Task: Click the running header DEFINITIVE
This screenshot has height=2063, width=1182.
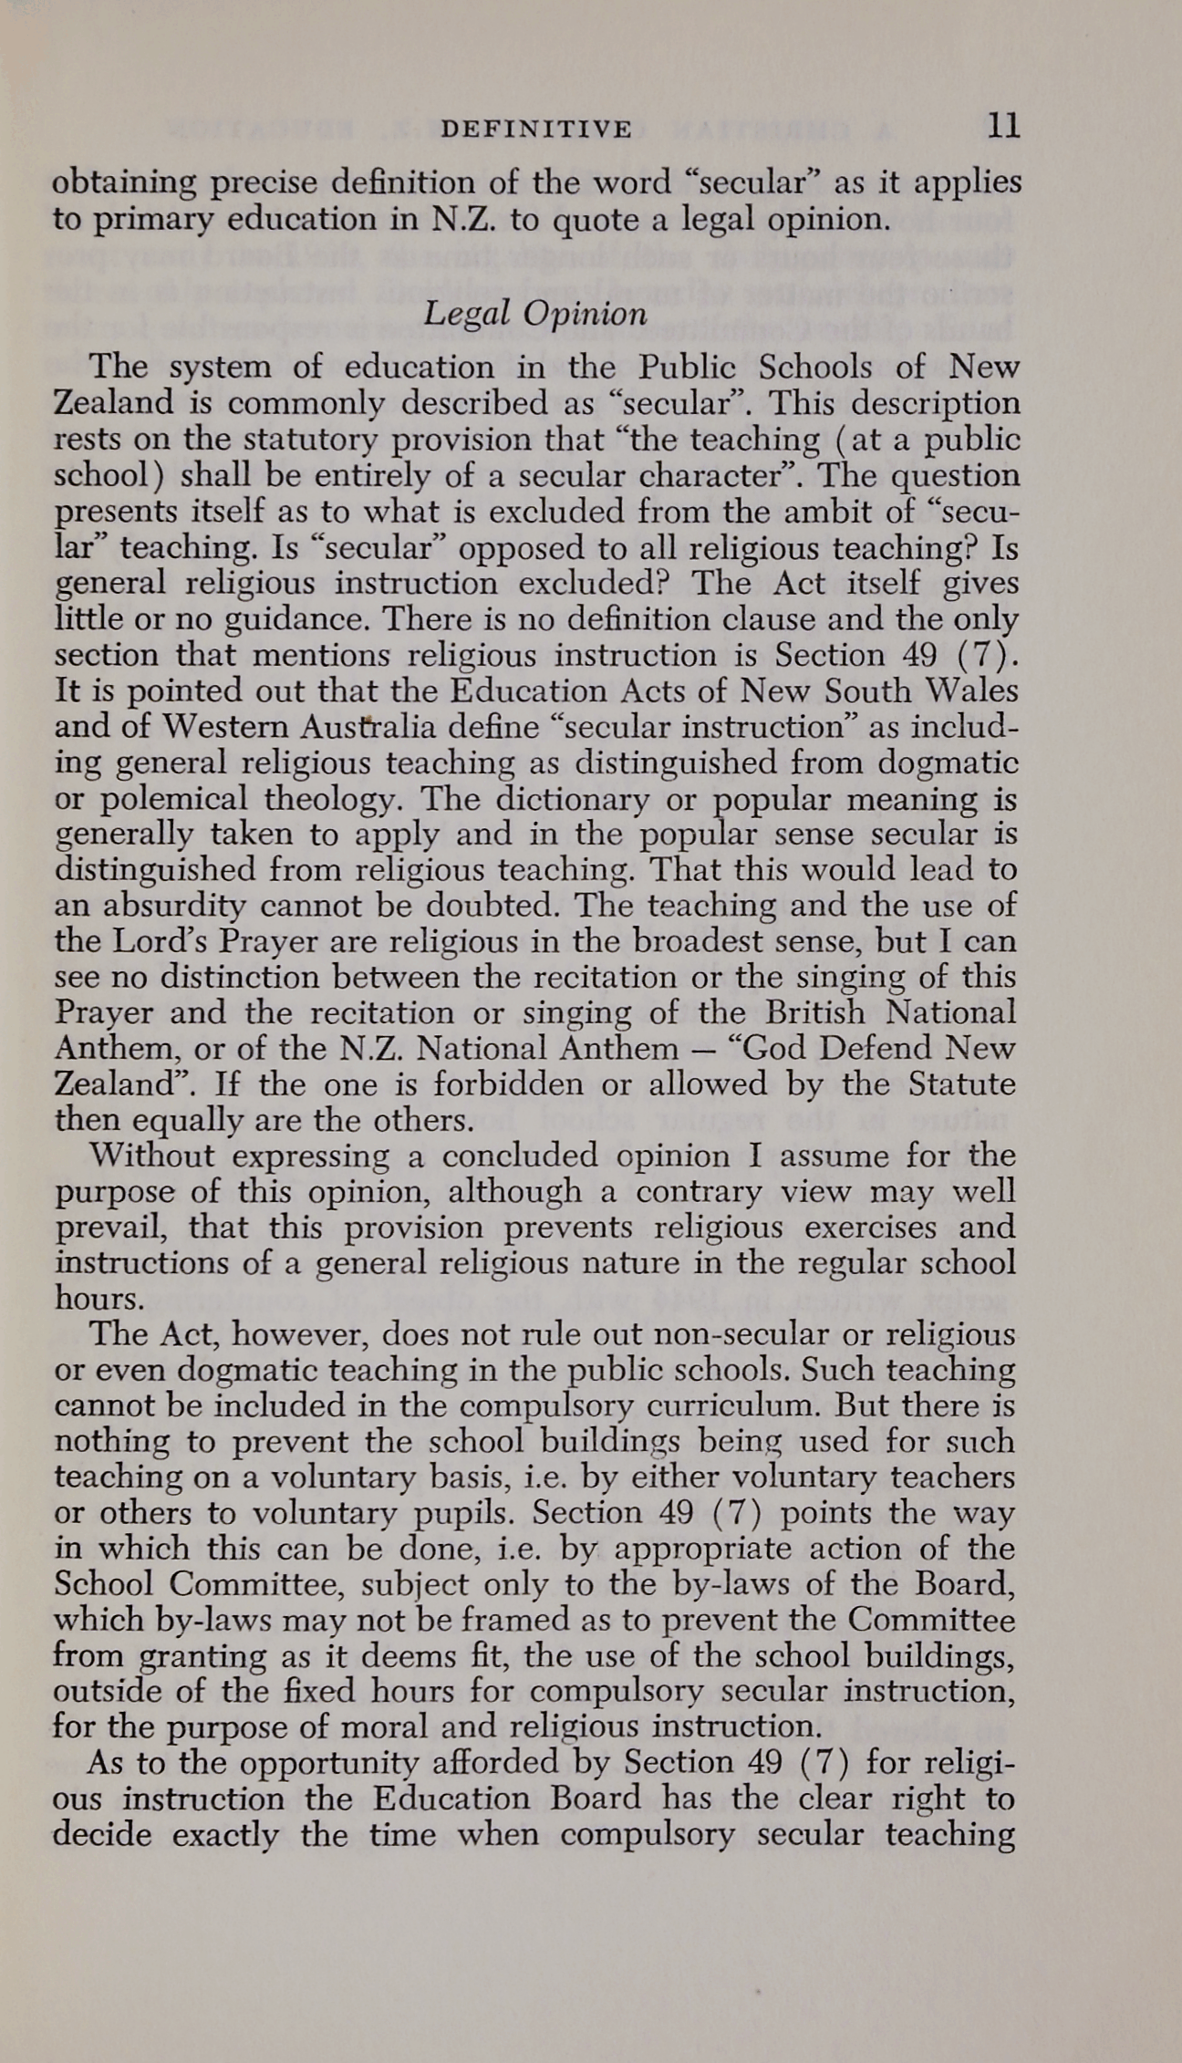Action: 536,130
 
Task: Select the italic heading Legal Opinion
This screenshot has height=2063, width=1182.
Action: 536,314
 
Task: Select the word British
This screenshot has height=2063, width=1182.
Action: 816,1012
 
